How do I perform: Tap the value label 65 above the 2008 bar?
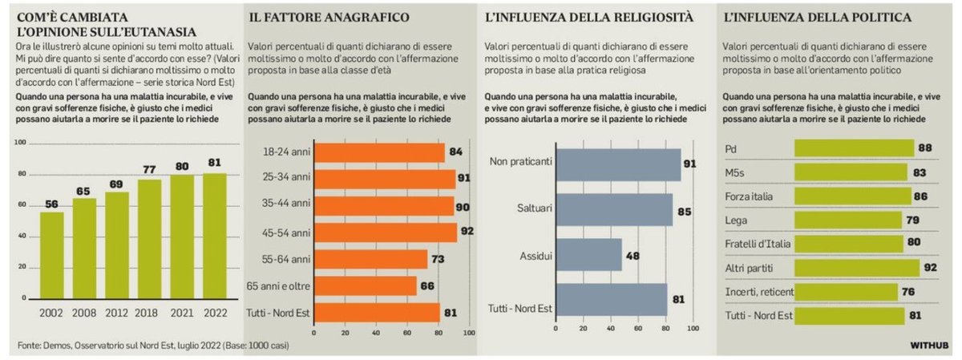[84, 192]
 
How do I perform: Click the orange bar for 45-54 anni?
[385, 233]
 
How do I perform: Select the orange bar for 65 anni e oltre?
[366, 286]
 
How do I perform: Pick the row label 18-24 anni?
[285, 152]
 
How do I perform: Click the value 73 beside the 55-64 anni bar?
[439, 260]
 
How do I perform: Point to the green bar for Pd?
[853, 148]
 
